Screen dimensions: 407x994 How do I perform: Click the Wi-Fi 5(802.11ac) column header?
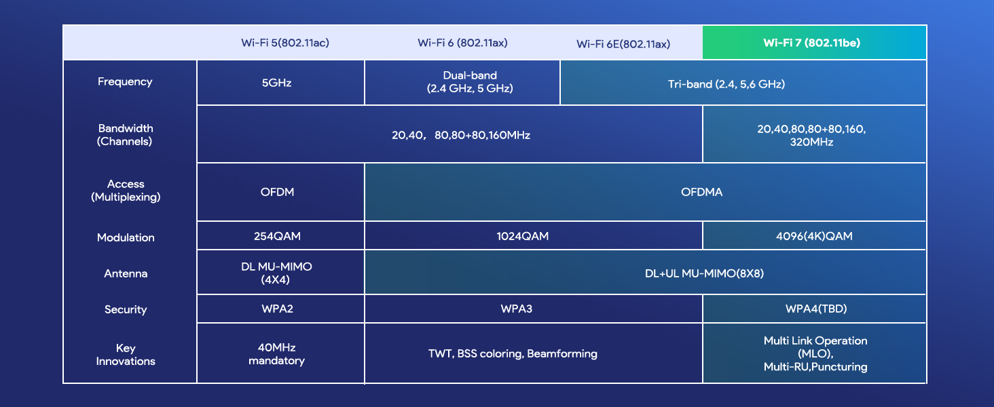coord(285,43)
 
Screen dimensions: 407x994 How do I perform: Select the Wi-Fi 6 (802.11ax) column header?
coord(462,43)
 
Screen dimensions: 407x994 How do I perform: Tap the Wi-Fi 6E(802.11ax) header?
coord(623,44)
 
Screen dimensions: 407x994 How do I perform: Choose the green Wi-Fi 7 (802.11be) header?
coord(812,43)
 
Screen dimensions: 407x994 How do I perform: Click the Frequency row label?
coord(125,81)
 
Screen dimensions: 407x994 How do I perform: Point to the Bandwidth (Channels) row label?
coord(126,134)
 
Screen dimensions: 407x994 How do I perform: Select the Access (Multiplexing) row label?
coord(126,191)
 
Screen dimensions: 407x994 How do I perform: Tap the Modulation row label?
coord(126,237)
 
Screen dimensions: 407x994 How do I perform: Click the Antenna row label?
coord(126,273)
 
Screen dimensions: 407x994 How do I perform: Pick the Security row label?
coord(126,309)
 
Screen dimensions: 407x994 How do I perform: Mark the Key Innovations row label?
coord(126,354)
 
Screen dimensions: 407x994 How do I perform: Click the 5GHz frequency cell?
coord(277,83)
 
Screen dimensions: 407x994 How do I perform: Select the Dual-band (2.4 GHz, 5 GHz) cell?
coord(470,82)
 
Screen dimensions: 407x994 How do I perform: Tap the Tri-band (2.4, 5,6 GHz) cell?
coord(726,84)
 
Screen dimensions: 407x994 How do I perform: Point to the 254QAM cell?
coord(277,236)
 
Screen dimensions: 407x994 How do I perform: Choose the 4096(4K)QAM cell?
coord(815,236)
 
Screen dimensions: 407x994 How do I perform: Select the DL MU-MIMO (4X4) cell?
coord(277,273)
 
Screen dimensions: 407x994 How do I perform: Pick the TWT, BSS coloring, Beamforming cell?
coord(513,353)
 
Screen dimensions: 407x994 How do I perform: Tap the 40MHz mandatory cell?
coord(277,353)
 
